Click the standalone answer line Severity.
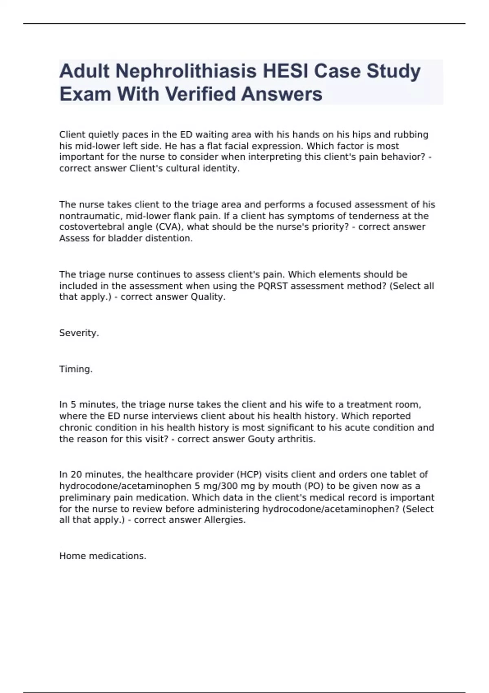[79, 333]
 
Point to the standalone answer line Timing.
[76, 369]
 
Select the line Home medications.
[103, 556]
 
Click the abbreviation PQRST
[273, 286]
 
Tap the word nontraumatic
[90, 216]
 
